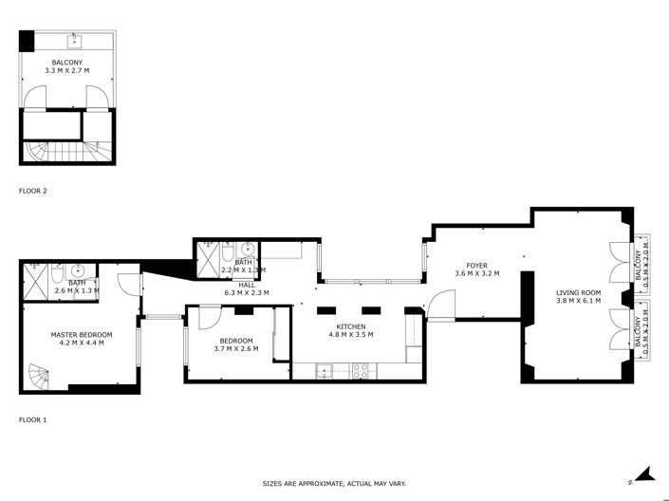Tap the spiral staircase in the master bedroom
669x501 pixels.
(x=39, y=376)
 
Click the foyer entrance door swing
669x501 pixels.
(x=439, y=304)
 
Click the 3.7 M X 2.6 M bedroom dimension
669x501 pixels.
(x=235, y=349)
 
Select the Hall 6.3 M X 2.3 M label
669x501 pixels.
(x=246, y=288)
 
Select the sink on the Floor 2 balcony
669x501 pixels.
(x=73, y=41)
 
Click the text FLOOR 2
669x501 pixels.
(x=32, y=191)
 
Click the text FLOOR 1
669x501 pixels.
(x=32, y=418)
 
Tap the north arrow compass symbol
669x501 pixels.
(x=641, y=473)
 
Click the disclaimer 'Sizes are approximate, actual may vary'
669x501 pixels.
(x=334, y=484)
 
